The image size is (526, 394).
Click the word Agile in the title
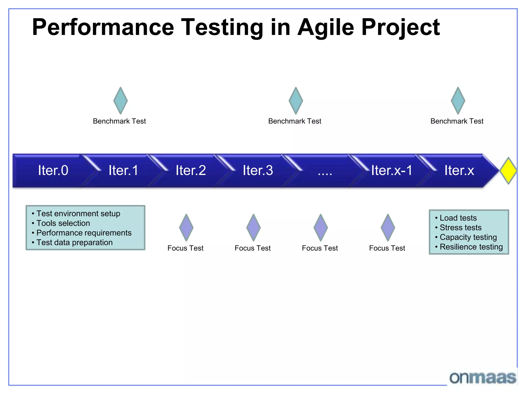pos(326,28)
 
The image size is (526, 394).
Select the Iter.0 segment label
pos(53,170)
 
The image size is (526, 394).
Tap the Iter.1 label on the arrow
pos(123,170)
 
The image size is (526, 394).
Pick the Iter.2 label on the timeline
pos(191,170)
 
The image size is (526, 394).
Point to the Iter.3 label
pos(258,170)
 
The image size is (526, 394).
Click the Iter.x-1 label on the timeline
pos(391,170)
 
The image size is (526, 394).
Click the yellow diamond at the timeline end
pos(508,171)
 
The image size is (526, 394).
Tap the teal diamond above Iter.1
pos(120,101)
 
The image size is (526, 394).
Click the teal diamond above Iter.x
pos(458,101)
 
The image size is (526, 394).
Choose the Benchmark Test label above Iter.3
pos(295,121)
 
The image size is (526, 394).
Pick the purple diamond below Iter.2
pos(186,228)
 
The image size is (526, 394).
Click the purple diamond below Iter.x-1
pos(388,228)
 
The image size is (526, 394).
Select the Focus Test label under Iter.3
pos(252,248)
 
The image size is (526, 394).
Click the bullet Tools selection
pos(63,223)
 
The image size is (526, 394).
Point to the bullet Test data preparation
pos(74,242)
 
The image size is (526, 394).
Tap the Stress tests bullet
pos(461,228)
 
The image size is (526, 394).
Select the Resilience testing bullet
pos(471,247)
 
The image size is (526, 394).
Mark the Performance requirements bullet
pos(84,233)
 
